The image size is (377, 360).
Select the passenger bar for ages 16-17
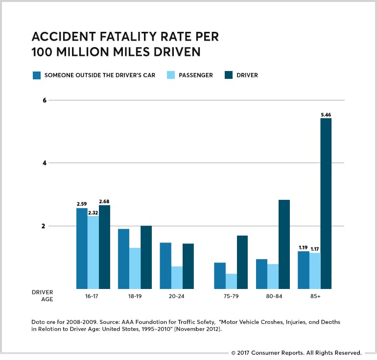click(x=93, y=253)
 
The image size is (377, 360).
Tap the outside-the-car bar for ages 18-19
click(x=123, y=259)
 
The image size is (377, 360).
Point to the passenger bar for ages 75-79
click(x=231, y=281)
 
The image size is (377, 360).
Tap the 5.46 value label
click(x=326, y=115)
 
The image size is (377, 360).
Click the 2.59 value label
click(x=81, y=204)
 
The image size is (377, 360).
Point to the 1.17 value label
click(x=314, y=249)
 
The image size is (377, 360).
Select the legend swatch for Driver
click(x=229, y=75)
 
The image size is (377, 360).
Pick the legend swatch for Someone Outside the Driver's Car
click(x=36, y=75)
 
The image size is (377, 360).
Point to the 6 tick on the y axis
click(x=44, y=100)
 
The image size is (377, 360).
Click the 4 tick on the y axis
click(x=44, y=163)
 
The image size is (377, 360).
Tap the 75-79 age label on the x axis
click(x=231, y=296)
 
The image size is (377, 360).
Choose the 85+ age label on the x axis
click(x=314, y=296)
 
